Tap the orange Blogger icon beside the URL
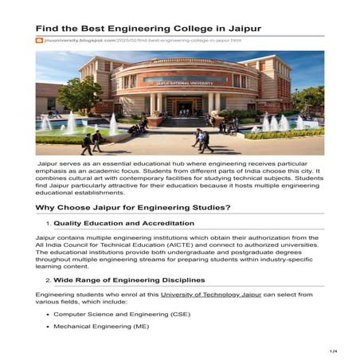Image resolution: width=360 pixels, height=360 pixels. click(x=39, y=40)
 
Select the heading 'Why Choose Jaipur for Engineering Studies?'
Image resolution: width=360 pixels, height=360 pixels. click(x=144, y=207)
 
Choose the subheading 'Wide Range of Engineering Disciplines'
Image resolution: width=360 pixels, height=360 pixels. click(x=128, y=280)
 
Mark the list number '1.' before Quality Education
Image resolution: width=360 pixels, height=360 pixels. click(x=48, y=223)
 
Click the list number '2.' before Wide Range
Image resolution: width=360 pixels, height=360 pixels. click(x=48, y=280)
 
